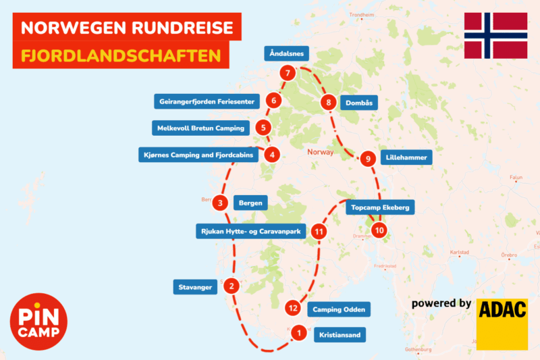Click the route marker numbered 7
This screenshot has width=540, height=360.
point(288,73)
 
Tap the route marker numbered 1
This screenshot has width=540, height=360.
point(297,332)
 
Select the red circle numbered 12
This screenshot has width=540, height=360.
point(292,308)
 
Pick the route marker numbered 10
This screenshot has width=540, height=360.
point(379,230)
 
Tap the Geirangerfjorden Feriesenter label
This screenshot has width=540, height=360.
point(207,101)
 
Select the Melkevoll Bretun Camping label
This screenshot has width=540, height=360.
point(200,128)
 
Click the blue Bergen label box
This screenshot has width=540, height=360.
point(250,202)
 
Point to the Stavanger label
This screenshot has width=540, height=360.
point(196,286)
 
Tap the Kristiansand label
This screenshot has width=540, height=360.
point(341,334)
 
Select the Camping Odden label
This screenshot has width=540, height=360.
point(339,310)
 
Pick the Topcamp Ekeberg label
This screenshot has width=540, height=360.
point(380,207)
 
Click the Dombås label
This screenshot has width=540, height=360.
point(358,103)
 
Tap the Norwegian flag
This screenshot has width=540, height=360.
point(495,35)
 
